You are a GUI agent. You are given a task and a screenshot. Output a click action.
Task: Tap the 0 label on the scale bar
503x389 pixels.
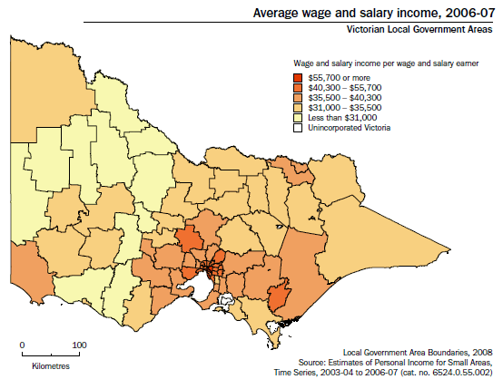tap(23, 345)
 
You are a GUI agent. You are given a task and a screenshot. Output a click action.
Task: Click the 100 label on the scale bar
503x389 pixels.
tap(80, 345)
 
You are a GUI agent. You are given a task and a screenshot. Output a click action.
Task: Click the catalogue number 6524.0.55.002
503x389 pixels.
tap(463, 372)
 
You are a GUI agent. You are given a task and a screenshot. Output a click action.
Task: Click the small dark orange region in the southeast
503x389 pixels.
tap(280, 297)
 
